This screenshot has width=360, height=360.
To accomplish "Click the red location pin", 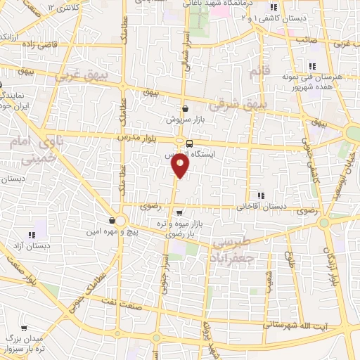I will (x=181, y=165).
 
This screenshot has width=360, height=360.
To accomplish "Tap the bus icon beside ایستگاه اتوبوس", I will (x=189, y=143).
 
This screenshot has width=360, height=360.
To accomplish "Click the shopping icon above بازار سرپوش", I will (x=185, y=109).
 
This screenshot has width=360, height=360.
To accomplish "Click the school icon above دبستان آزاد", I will (x=32, y=235).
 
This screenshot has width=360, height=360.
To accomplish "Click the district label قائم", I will (x=259, y=71).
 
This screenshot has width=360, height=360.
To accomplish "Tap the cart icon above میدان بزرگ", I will (x=25, y=328).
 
